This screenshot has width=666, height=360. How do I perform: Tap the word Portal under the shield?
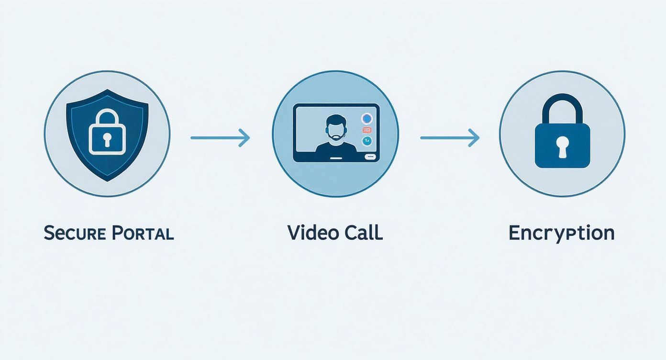pos(143,233)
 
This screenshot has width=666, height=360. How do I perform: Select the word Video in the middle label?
pos(309,233)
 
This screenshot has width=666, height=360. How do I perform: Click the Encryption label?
pos(561,233)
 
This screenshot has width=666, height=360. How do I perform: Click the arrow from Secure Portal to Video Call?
pos(220,138)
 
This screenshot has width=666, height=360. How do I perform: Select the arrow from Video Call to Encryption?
pos(449,138)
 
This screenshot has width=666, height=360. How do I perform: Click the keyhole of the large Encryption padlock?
pos(562,146)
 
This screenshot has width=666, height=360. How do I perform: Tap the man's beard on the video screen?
pos(335,137)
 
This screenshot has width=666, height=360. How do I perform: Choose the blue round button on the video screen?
pos(367,118)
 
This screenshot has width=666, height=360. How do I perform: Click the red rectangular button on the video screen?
pos(367,130)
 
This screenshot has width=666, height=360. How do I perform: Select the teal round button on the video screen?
pos(367,141)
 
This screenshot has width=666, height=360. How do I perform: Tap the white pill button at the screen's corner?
pos(370,157)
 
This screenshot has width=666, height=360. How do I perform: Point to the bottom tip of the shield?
pos(107,180)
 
